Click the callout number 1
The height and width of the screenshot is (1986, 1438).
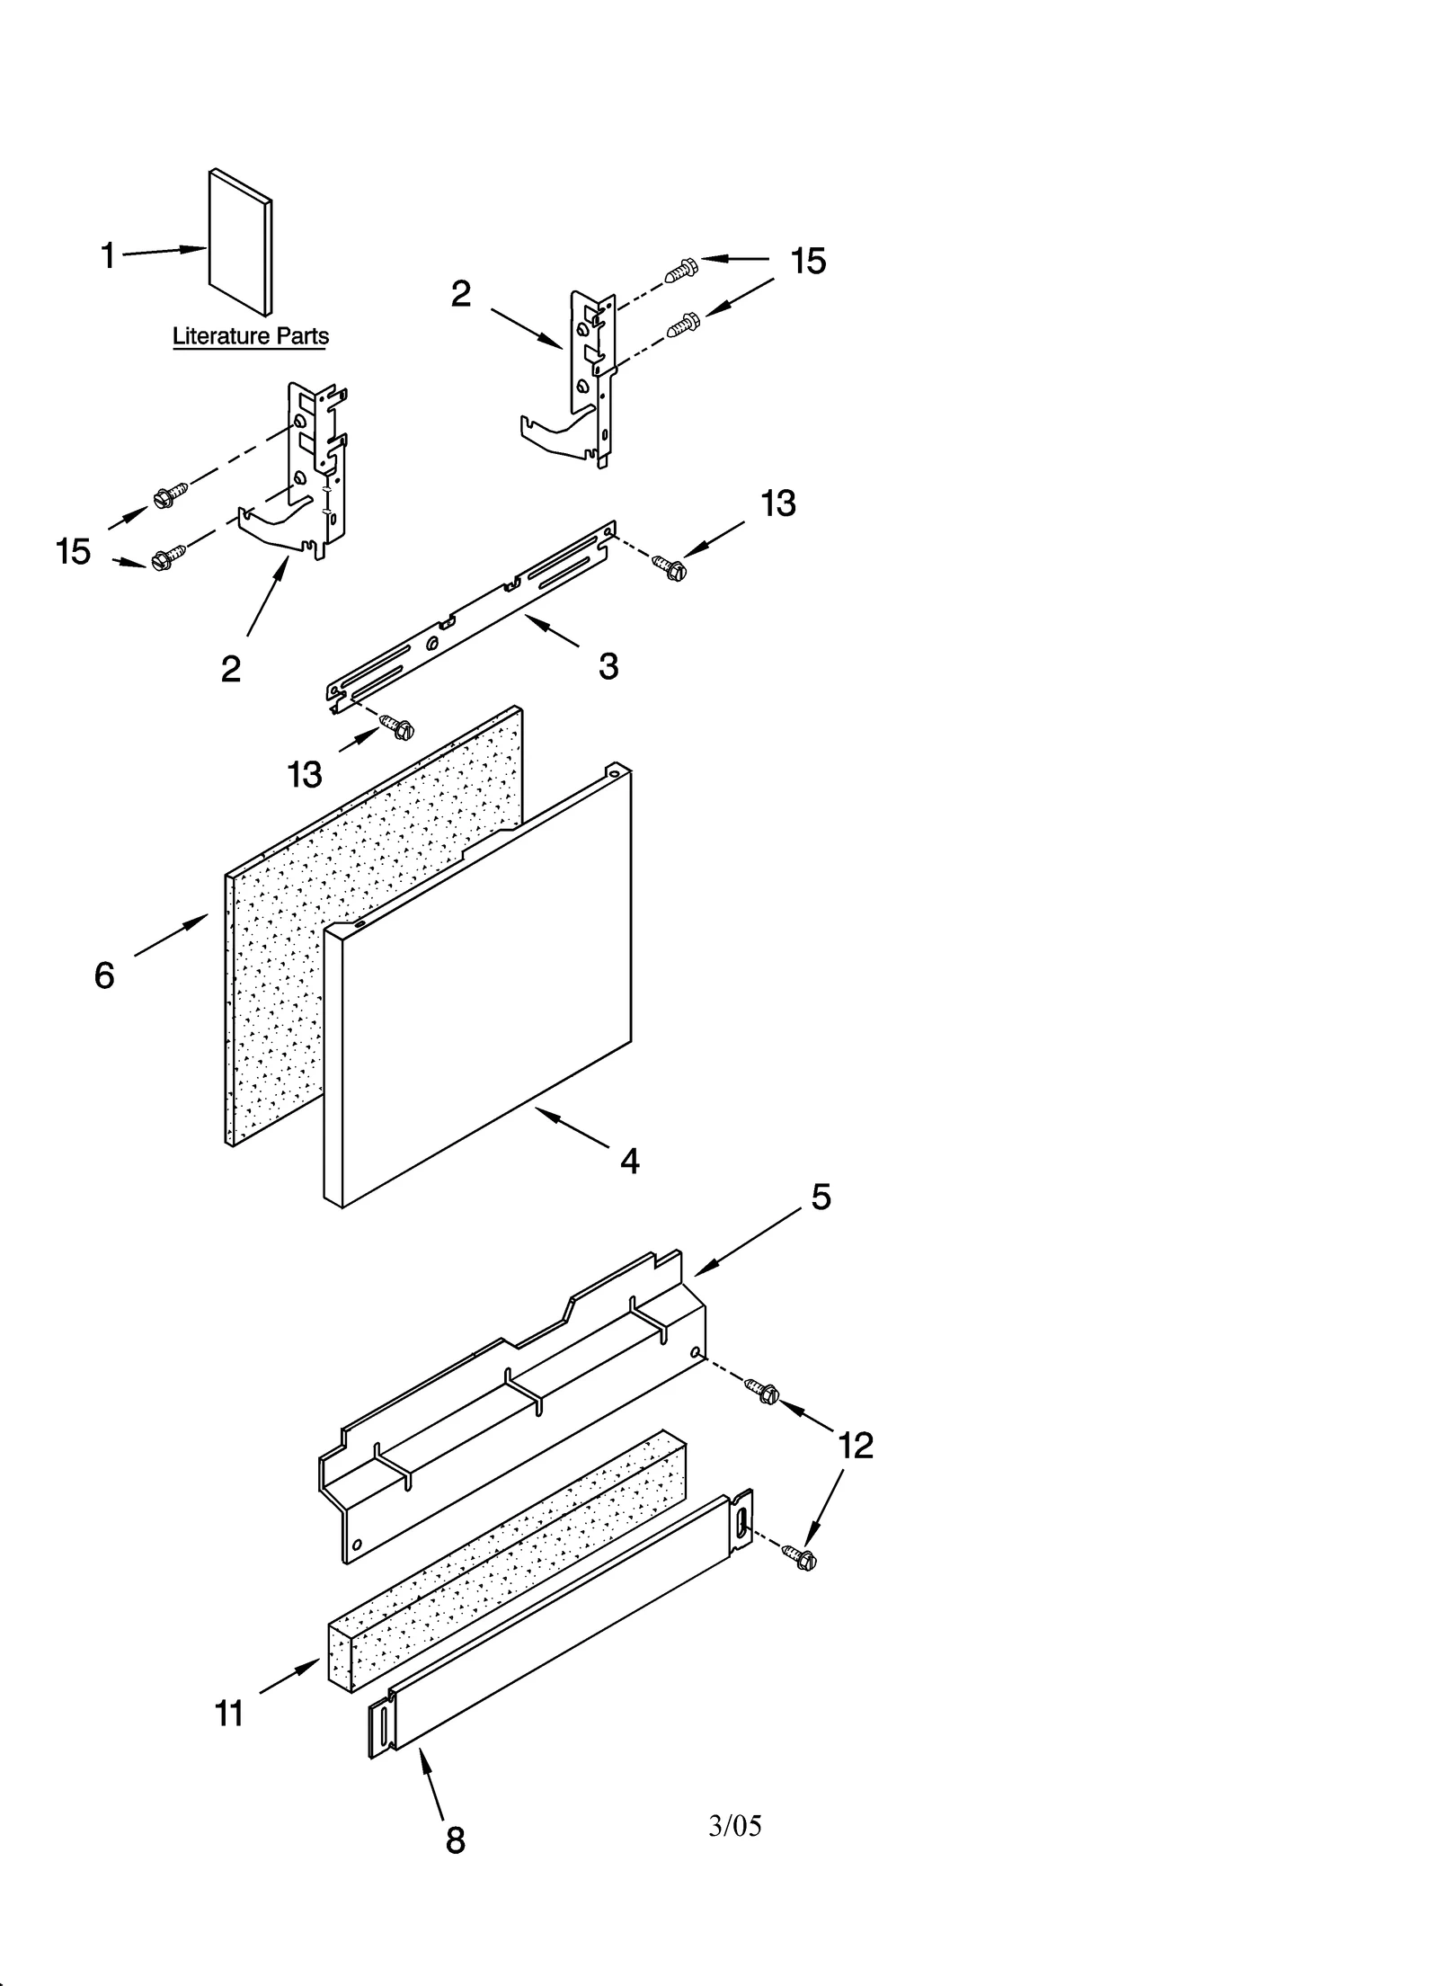click(x=108, y=256)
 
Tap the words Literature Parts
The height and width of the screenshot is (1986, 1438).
click(x=250, y=336)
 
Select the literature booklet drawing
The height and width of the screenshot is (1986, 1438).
click(x=240, y=243)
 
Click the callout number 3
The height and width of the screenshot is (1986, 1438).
click(x=608, y=666)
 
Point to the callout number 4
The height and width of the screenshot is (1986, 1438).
click(x=629, y=1162)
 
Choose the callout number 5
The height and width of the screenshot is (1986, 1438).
click(x=821, y=1197)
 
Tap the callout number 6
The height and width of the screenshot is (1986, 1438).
click(x=104, y=975)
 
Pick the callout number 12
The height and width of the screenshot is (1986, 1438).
click(x=855, y=1446)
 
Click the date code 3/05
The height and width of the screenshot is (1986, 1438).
click(x=734, y=1825)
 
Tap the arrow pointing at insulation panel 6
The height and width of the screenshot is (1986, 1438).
click(x=171, y=936)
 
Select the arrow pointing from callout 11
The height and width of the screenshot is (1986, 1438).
click(x=289, y=1679)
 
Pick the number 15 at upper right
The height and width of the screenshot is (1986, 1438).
click(x=808, y=262)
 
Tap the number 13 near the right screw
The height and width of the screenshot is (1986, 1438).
click(x=777, y=503)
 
